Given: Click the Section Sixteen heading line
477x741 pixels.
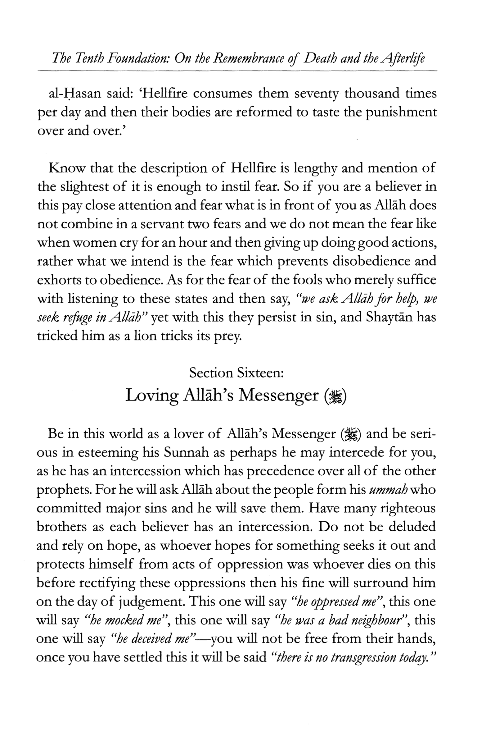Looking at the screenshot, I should (x=237, y=373).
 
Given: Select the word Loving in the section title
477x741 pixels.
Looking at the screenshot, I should (x=152, y=395).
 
